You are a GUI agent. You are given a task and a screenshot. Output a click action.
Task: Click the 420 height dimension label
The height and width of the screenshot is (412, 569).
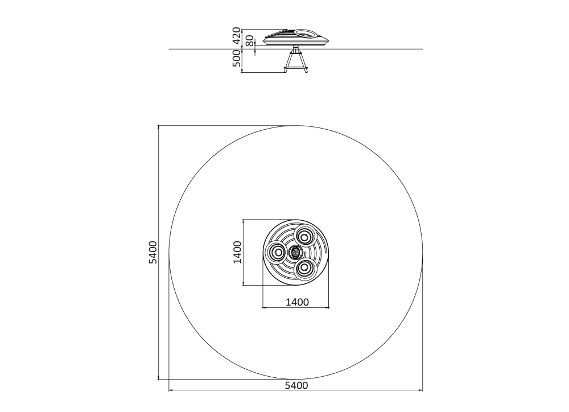237,36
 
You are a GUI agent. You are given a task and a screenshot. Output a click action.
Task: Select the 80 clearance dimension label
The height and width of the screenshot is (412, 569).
249,41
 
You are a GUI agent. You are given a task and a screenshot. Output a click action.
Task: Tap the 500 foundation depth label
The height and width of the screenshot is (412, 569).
237,58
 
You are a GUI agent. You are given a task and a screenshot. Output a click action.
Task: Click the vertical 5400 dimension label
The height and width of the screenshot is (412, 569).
153,252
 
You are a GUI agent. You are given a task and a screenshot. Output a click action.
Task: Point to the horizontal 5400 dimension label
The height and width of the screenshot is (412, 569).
296,385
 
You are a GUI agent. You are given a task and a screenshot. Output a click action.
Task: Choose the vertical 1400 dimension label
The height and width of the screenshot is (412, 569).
237,252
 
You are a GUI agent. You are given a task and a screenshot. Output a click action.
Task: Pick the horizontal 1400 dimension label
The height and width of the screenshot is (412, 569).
297,302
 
